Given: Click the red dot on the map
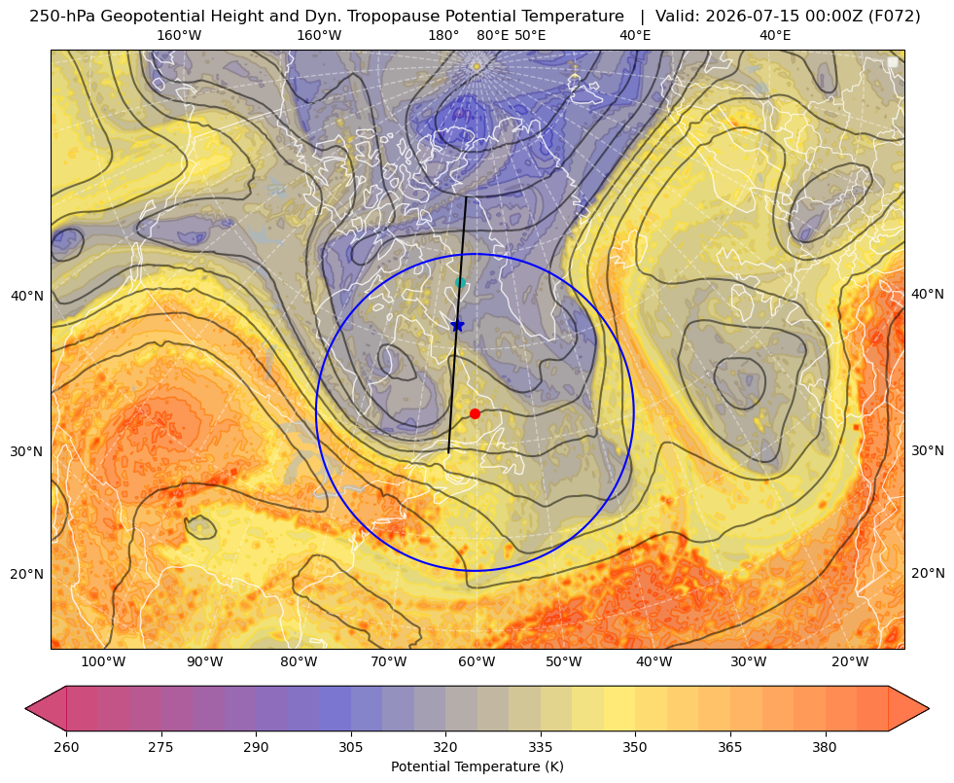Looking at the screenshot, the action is (x=475, y=413).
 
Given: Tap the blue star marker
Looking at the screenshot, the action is (x=457, y=326).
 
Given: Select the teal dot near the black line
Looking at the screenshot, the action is (x=461, y=282).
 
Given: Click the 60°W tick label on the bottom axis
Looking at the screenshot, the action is (x=477, y=661).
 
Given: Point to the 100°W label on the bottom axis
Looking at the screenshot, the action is (x=103, y=661).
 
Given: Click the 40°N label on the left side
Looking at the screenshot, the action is (x=27, y=296).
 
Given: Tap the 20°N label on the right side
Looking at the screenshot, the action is (x=928, y=573).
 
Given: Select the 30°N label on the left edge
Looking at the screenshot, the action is (x=27, y=451).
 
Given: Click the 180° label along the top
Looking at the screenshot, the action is (x=443, y=35).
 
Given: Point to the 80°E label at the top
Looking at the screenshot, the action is (x=492, y=35).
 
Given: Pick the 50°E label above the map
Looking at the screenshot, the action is (x=530, y=35).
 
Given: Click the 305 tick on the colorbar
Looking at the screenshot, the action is (x=350, y=747).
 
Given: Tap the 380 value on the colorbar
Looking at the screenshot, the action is (x=825, y=747).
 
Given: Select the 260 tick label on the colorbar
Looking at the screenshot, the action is (x=66, y=747).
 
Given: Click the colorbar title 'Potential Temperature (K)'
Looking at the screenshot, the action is (x=477, y=766).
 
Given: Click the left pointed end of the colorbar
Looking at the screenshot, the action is (x=26, y=708).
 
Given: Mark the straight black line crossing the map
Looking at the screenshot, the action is (x=457, y=325).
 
